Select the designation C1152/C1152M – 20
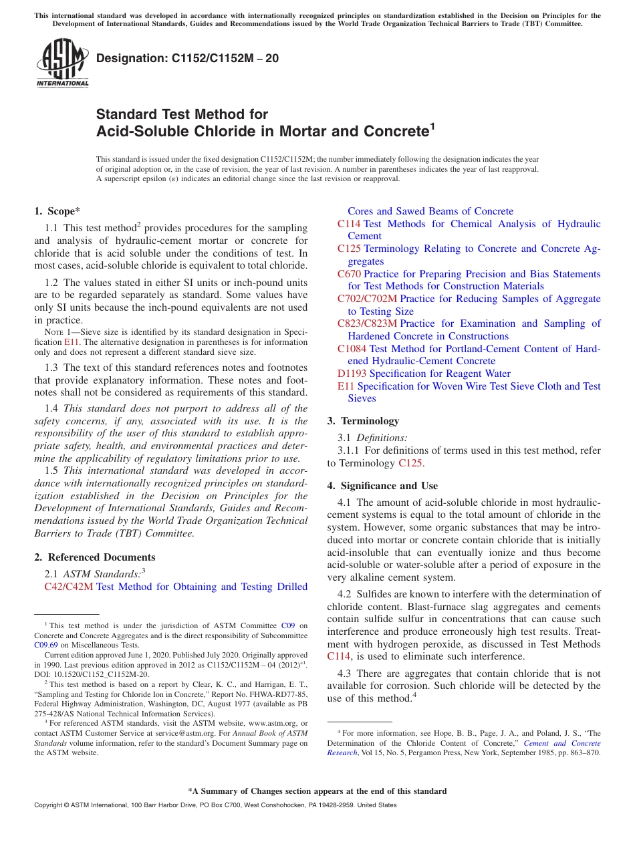tap(188, 59)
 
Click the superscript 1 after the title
tap(432, 126)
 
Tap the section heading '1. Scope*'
tap(57, 211)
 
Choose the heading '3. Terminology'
tap(363, 421)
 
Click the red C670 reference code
tap(349, 274)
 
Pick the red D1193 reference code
tap(352, 374)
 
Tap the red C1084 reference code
tap(352, 349)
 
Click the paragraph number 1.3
tap(51, 368)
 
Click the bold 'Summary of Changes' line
tap(317, 791)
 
